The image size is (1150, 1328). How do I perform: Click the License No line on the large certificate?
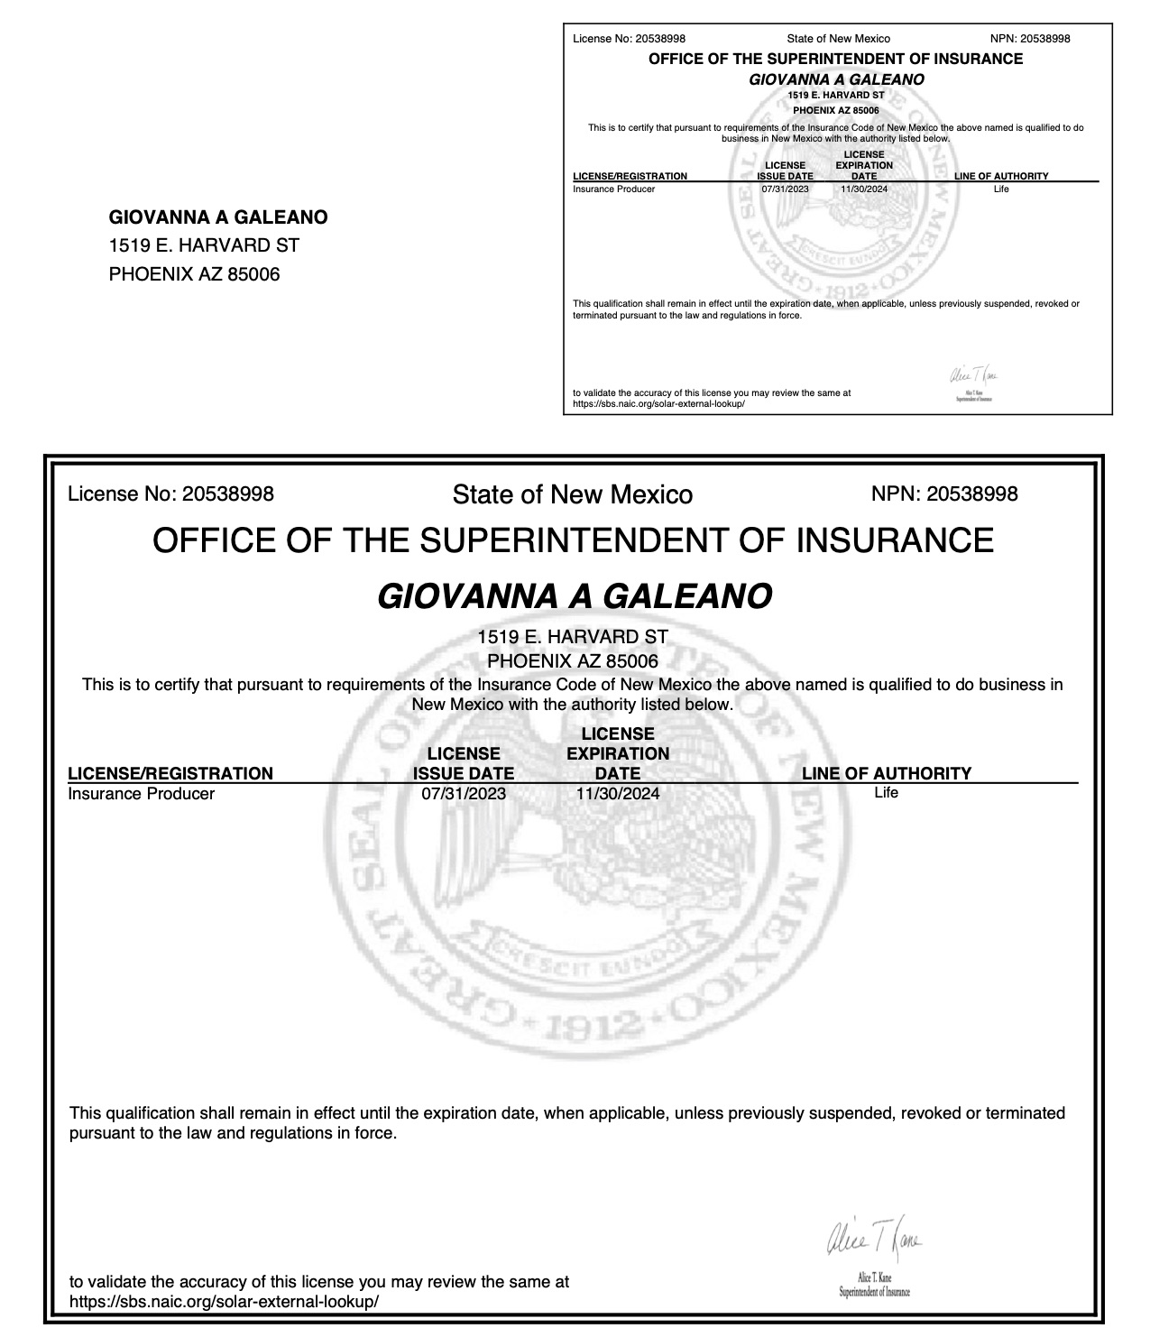pos(170,493)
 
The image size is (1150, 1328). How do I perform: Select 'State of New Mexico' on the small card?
pos(838,39)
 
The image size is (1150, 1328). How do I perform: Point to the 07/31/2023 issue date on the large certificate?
pos(464,794)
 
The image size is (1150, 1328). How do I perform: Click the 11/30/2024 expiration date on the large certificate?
pos(618,794)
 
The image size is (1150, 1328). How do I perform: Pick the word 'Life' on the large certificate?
pos(886,793)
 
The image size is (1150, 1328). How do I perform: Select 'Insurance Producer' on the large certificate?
pos(142,794)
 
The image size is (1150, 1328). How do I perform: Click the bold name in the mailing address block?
pos(218,217)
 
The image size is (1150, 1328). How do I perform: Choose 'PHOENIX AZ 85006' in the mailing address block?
pos(194,274)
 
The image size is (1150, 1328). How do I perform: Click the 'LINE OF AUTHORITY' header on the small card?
pos(1001,176)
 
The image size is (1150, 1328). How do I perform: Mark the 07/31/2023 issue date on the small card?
pos(785,189)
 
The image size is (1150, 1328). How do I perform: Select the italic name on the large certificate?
pos(574,596)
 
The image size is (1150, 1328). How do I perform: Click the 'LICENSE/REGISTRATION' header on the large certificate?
pos(170,773)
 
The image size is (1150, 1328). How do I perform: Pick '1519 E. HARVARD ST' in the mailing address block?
pos(204,245)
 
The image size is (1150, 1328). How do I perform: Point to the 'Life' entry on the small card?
pos(1001,189)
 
